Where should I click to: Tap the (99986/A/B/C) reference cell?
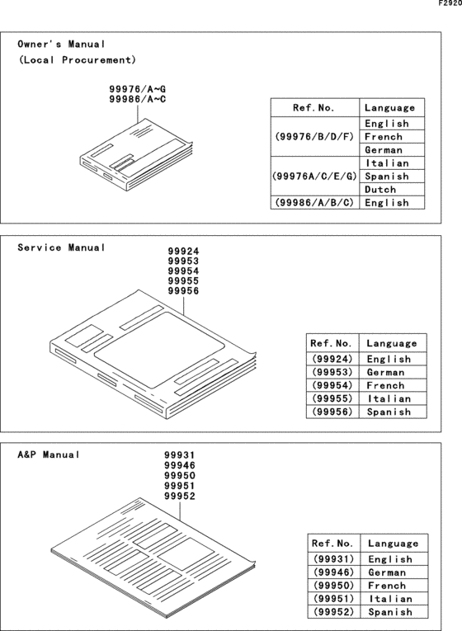point(314,202)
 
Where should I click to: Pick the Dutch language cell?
point(384,189)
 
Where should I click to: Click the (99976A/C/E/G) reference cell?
point(314,176)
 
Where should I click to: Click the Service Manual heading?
point(62,247)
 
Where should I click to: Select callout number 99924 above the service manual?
point(183,252)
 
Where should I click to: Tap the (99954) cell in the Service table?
point(332,385)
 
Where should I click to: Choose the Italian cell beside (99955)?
point(389,398)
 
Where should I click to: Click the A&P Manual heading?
point(49,454)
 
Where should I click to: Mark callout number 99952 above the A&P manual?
point(180,496)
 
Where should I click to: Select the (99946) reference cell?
point(333,572)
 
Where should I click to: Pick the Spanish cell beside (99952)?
point(390,611)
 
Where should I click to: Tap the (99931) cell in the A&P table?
point(333,558)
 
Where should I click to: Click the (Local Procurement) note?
point(78,60)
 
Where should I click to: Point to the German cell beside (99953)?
point(389,372)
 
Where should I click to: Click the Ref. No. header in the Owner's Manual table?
point(314,107)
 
